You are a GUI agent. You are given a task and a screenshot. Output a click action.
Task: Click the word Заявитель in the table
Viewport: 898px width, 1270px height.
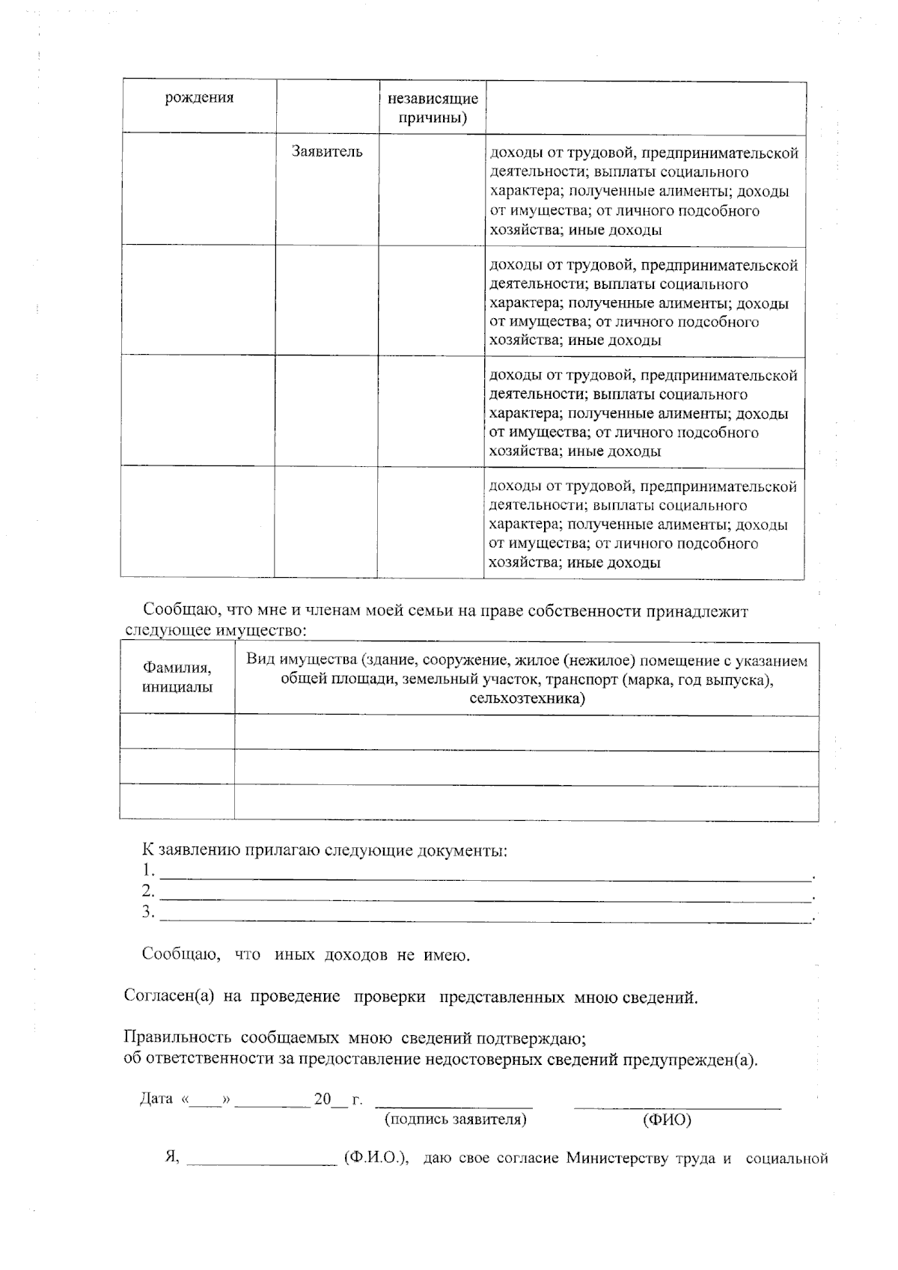pos(327,152)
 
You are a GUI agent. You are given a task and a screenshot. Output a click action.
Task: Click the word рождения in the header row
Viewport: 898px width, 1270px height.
pos(199,98)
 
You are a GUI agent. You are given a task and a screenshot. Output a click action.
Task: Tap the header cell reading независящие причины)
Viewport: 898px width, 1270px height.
pos(433,108)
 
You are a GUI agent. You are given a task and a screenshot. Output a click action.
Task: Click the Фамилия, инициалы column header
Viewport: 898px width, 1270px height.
pos(177,677)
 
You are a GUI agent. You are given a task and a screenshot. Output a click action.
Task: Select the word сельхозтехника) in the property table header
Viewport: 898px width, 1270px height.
pos(527,699)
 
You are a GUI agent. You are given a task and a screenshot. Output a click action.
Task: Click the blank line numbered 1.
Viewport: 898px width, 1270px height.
pos(486,873)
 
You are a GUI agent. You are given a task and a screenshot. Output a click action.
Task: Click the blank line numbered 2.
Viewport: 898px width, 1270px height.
pos(486,894)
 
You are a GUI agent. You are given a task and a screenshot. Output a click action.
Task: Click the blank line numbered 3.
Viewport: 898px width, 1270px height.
pos(486,915)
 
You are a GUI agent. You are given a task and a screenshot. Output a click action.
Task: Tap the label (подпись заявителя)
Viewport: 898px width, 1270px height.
pos(455,1120)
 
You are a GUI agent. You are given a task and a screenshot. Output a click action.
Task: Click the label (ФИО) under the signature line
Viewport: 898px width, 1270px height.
pos(667,1120)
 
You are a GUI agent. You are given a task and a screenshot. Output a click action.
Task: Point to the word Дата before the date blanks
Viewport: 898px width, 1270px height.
pos(156,1099)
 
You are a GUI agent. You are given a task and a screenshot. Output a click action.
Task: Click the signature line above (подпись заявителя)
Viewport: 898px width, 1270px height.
pos(453,1103)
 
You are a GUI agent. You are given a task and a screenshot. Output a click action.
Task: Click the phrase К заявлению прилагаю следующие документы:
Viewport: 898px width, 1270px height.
pos(325,851)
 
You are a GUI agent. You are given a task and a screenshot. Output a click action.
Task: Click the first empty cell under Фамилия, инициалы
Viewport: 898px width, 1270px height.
pos(177,732)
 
